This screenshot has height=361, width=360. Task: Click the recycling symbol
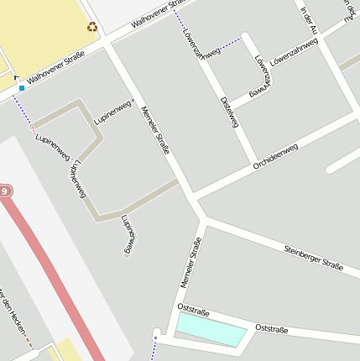[x=92, y=27]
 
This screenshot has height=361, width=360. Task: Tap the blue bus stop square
[x=22, y=86]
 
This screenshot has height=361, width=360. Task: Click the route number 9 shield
[x=5, y=192]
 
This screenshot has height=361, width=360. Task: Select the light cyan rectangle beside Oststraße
[x=210, y=330]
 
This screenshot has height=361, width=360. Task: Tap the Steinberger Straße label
[x=313, y=257]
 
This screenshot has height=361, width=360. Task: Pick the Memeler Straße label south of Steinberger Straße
[x=191, y=263]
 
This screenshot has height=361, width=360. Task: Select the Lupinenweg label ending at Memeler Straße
[x=115, y=112]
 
